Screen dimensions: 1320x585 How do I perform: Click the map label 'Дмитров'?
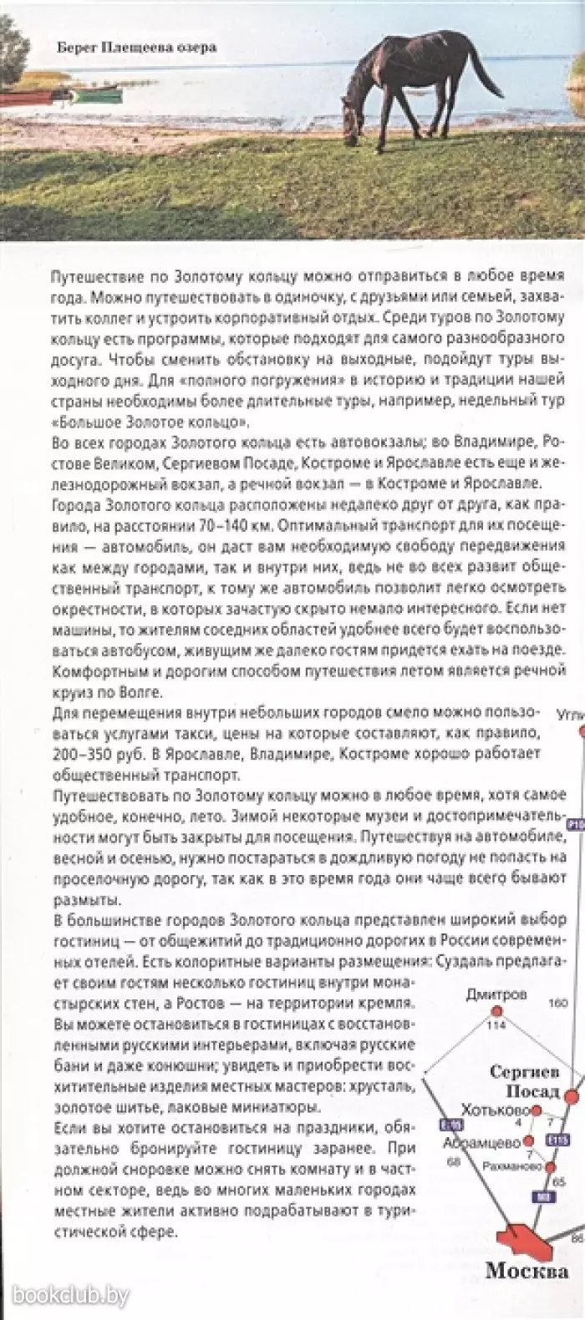point(497,995)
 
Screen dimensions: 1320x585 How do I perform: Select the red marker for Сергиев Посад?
point(572,1095)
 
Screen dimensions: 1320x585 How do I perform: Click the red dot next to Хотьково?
point(537,1110)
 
